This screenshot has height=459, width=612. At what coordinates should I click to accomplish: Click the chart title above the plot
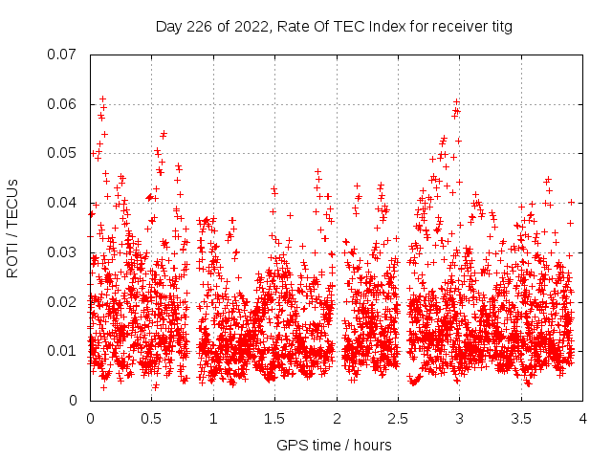334,27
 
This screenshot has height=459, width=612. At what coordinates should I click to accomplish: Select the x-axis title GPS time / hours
334,445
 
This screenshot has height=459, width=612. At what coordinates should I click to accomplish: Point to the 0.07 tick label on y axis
62,54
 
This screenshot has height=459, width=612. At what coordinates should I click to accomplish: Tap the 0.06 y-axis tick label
62,103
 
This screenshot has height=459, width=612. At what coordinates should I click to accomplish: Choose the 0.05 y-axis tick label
62,153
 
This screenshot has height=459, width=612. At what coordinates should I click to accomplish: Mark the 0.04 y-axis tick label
62,203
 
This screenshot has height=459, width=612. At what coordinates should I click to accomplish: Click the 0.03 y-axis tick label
62,252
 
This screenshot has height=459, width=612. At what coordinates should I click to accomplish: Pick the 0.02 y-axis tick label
62,302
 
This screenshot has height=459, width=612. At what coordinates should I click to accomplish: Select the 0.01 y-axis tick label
62,351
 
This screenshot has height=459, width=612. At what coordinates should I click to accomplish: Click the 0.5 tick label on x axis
151,418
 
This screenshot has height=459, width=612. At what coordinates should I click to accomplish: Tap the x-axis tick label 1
213,418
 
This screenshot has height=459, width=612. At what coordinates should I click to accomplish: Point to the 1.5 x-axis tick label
274,418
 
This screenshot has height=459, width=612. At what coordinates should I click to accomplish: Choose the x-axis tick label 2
337,418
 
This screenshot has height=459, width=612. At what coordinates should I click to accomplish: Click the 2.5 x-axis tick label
398,418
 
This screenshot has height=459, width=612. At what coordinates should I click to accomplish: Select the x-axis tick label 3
460,418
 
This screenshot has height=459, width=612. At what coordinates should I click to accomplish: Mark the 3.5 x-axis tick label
521,418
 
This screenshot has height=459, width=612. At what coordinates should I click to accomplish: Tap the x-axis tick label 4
583,418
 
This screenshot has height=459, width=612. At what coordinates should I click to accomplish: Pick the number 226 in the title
201,27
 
